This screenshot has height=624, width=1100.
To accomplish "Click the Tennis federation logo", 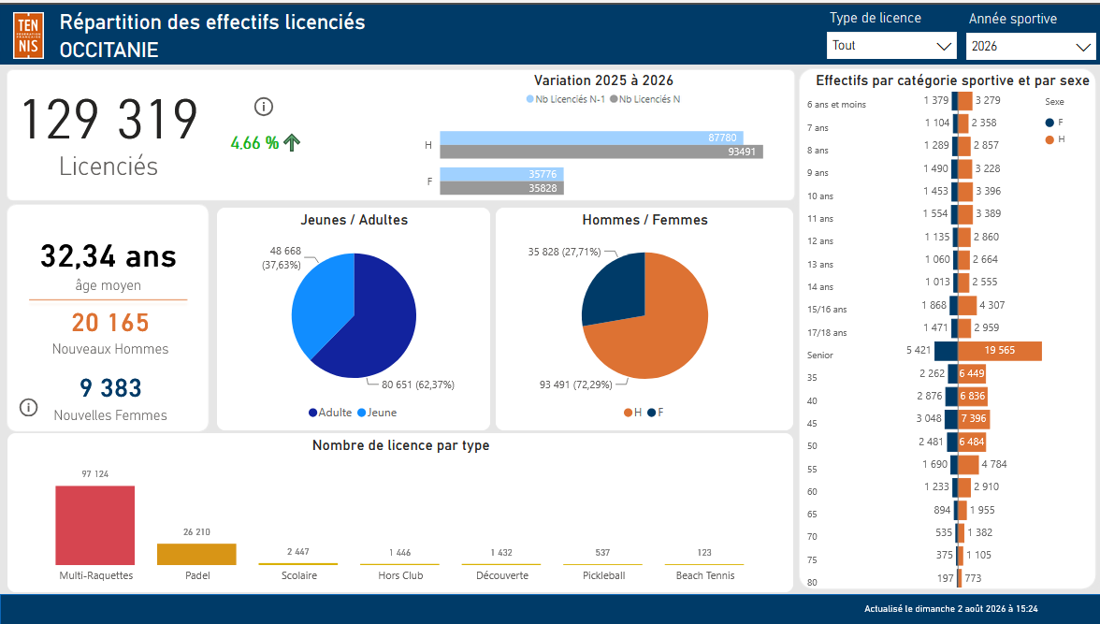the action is click(x=29, y=36).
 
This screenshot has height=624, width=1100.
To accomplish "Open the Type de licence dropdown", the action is click(x=890, y=46).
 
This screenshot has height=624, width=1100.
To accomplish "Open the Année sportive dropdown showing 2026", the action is click(x=1031, y=47).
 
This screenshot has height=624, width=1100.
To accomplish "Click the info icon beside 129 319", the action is click(x=264, y=107).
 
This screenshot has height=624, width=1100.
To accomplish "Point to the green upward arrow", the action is click(x=292, y=142).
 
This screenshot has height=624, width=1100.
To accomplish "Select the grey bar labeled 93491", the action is click(x=601, y=152).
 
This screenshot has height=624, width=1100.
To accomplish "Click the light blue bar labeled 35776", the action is click(x=501, y=174).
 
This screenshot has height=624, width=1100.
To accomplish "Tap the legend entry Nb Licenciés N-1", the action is click(x=565, y=99).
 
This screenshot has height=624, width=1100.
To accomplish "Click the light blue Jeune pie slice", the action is click(x=319, y=302).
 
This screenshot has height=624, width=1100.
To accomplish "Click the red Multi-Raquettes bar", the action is click(x=94, y=525).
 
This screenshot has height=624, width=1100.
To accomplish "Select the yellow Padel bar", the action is click(x=196, y=554).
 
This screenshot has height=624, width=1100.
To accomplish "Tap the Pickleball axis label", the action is click(x=604, y=575).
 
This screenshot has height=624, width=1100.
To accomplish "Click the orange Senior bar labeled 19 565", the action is click(x=999, y=350).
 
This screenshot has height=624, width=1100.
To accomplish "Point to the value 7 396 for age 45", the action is click(x=973, y=418).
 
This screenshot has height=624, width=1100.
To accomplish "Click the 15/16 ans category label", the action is click(x=827, y=310).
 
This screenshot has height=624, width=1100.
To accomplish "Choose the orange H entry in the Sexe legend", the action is click(x=1055, y=139).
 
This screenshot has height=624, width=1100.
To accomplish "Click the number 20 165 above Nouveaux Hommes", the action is click(x=110, y=322).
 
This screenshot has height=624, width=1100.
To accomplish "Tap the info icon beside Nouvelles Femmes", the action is click(x=29, y=407).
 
